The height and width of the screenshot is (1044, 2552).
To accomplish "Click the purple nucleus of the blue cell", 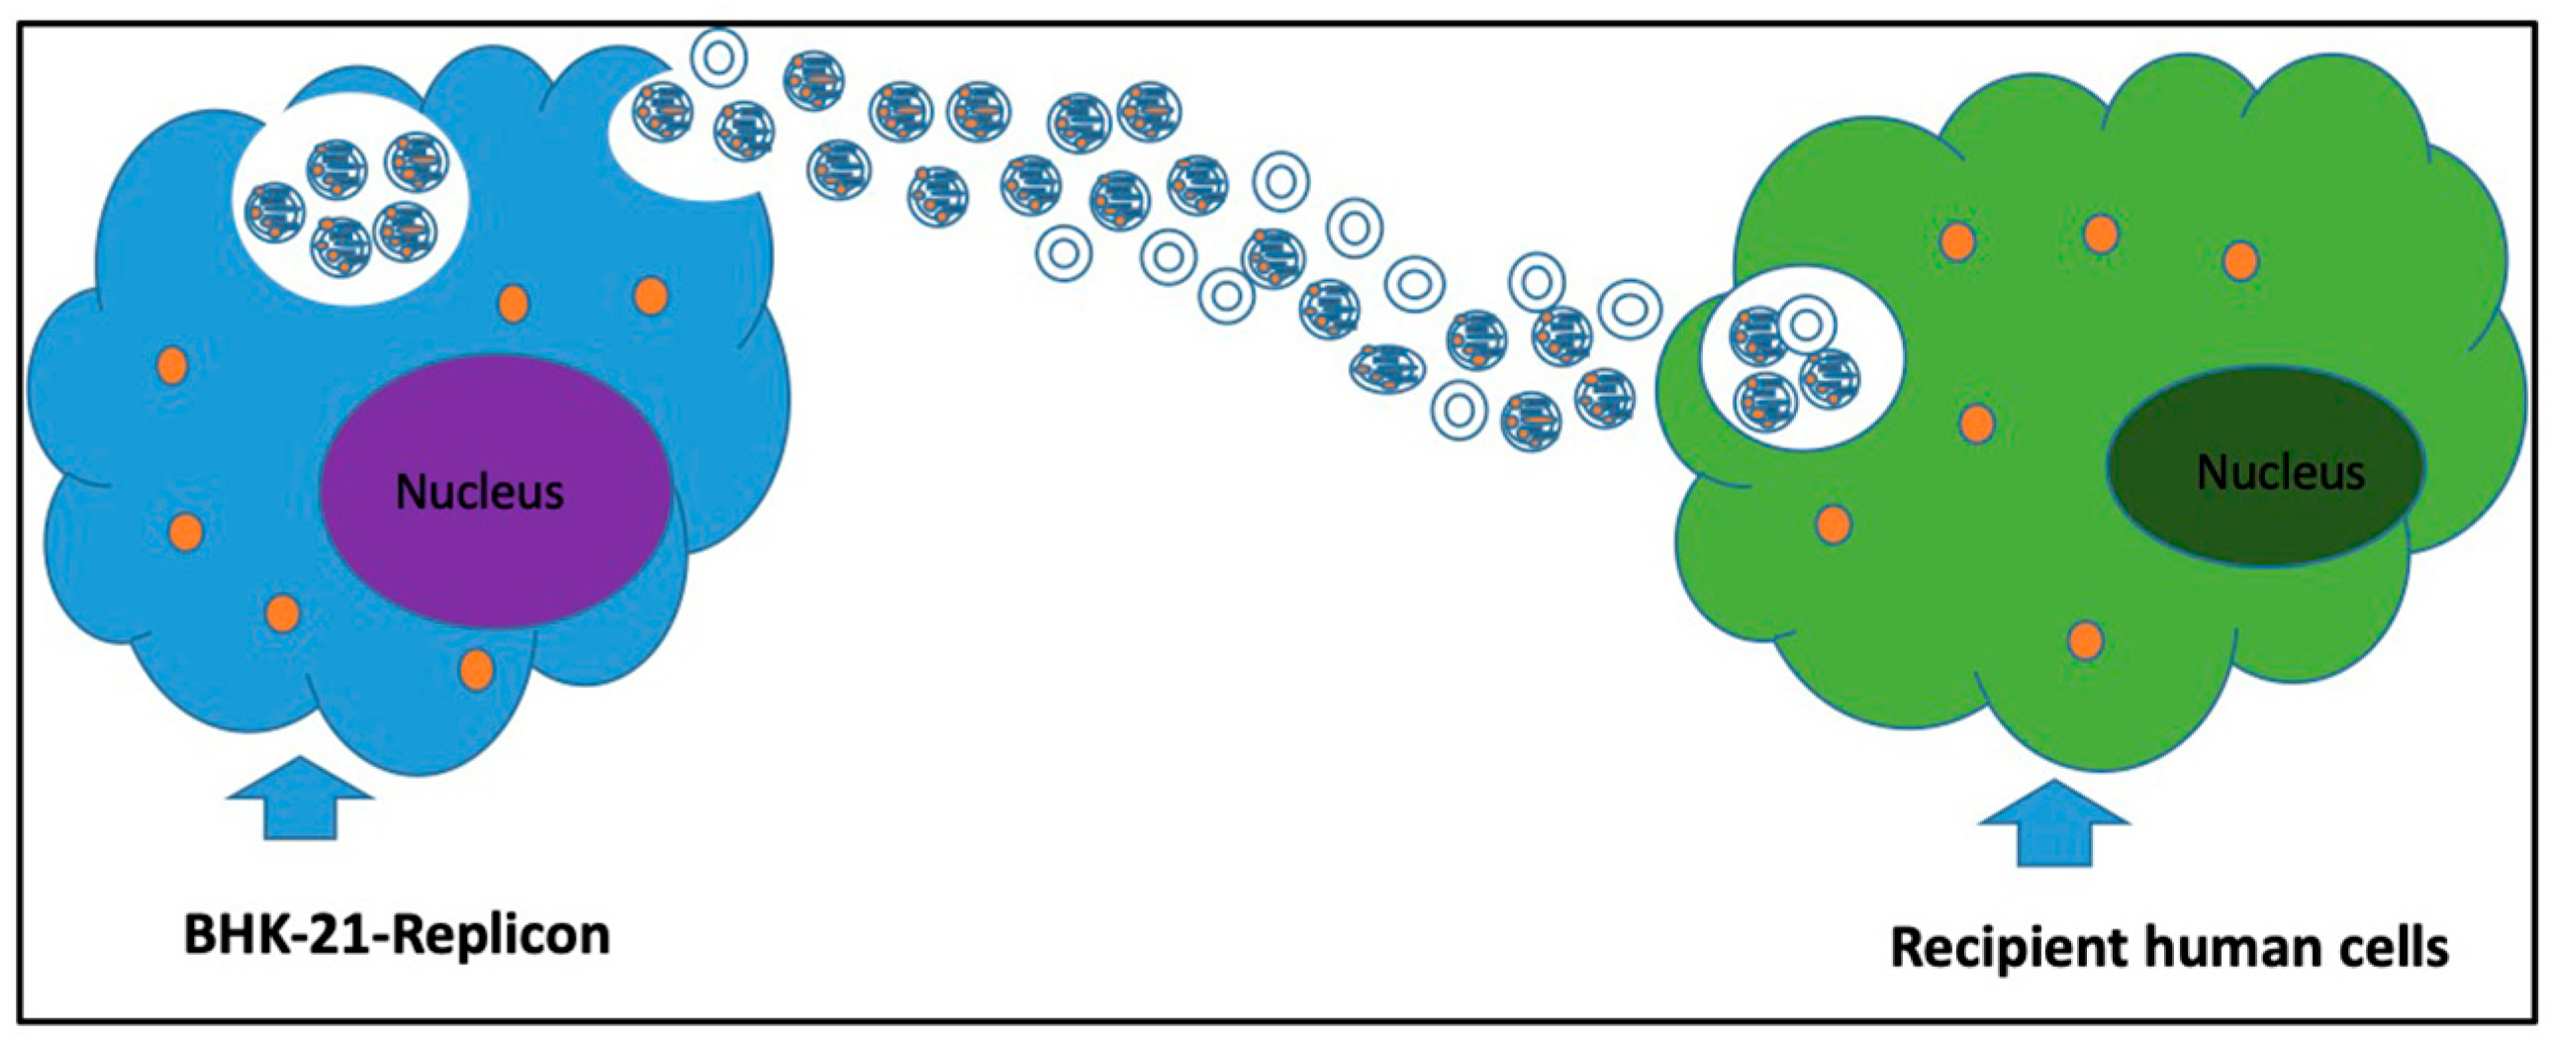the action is click(x=496, y=555).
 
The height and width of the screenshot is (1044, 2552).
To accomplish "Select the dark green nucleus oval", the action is click(x=2269, y=525).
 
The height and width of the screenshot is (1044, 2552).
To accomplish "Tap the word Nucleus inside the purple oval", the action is click(x=480, y=491).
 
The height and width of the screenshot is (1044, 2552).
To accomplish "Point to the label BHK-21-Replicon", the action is click(x=396, y=934).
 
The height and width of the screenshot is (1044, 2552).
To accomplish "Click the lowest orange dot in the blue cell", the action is click(x=477, y=670).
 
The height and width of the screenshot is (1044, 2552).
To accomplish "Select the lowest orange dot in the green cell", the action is click(x=2085, y=640).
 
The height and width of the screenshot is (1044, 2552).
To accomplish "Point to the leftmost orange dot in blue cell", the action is click(x=172, y=365).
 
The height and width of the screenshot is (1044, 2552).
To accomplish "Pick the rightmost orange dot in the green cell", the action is click(x=2241, y=260).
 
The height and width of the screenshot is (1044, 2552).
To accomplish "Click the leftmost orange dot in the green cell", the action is click(x=1834, y=524).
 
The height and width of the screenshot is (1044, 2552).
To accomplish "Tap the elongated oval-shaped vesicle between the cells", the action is click(x=1387, y=366).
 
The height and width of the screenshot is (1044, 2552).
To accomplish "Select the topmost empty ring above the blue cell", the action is click(x=719, y=57).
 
